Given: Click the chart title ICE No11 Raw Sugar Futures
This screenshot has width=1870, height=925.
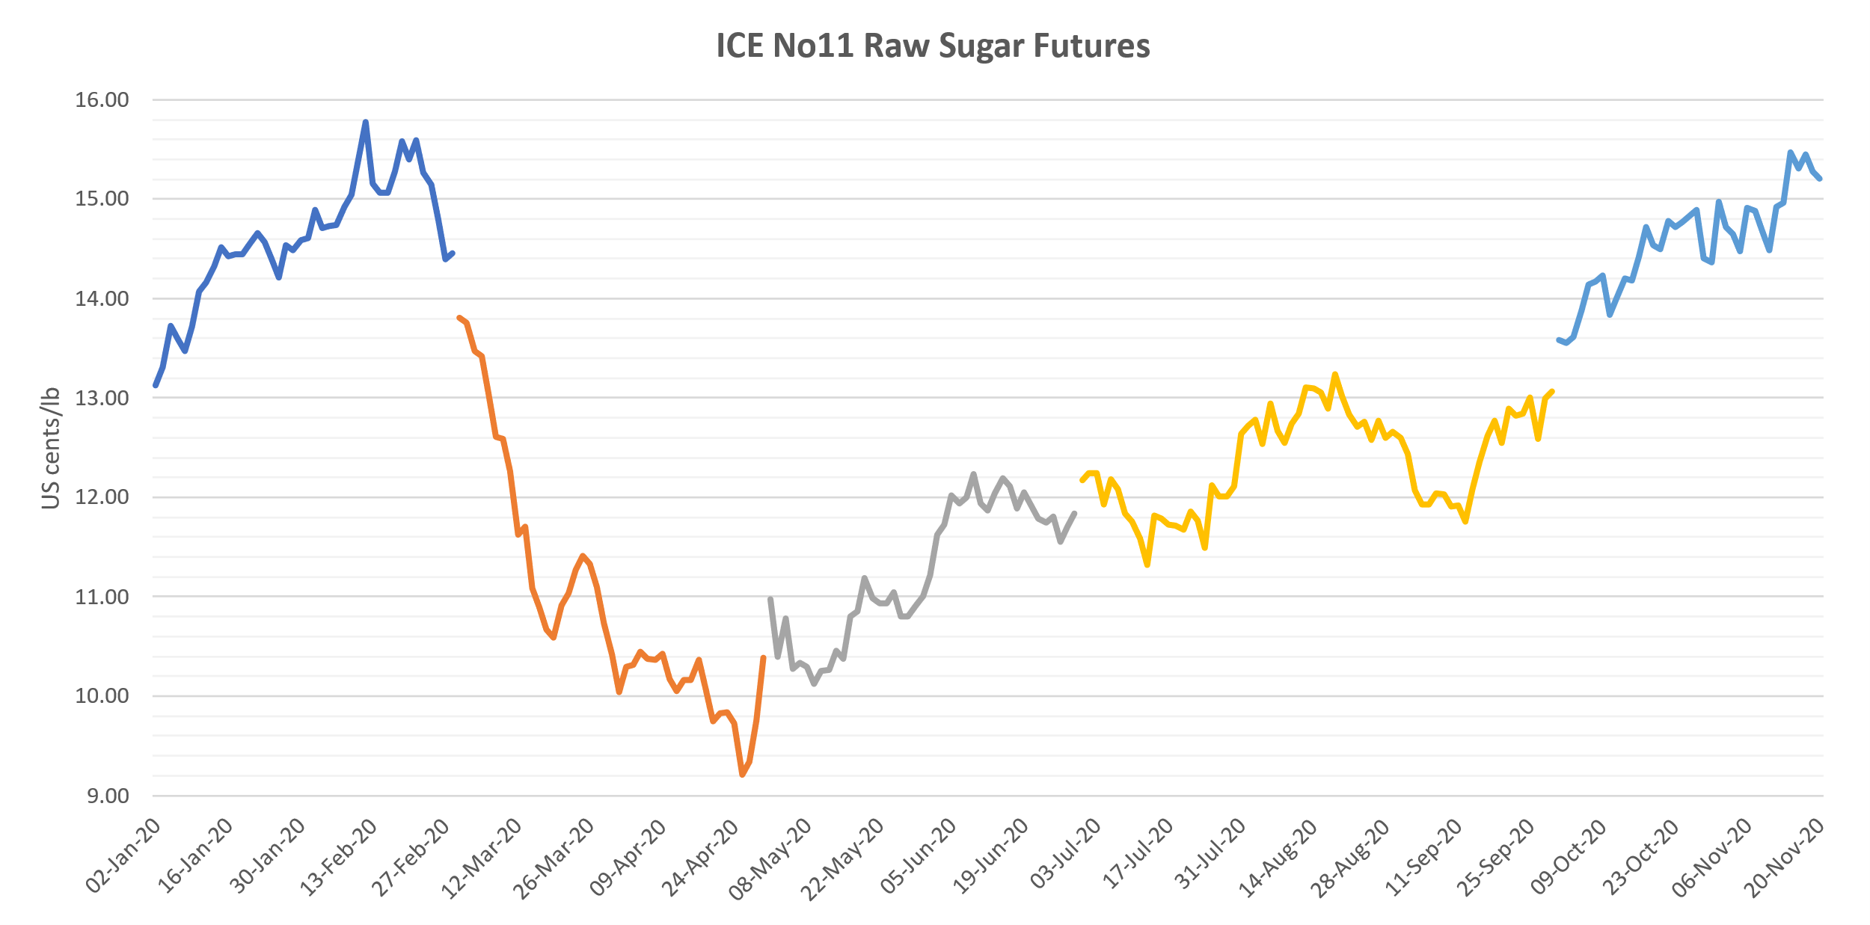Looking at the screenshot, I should point(933,46).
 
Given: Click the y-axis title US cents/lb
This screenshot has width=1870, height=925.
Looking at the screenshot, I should point(50,448).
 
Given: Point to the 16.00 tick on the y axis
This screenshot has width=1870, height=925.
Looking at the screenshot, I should point(102,99).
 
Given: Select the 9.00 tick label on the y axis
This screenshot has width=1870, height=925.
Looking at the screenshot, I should point(108,796).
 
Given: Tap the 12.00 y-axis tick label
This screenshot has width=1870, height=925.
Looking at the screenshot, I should point(102,497).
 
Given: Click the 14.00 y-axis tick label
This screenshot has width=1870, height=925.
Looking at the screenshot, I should point(102,298).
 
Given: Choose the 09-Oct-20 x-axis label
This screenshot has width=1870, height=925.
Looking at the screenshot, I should point(1568,857).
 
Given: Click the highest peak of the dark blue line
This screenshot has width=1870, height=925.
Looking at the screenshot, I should point(365,122).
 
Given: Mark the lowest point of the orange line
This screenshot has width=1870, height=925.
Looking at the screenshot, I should point(742,775).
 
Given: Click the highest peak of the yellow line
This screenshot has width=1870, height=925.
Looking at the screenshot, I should point(1334,374).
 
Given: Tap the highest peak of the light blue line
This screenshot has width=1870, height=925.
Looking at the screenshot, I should point(1790,152).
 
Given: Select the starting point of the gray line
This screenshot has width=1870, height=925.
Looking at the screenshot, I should point(770,599).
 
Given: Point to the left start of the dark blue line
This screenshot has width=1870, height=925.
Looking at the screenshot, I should point(156,385).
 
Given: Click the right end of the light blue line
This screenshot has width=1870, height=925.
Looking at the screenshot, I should point(1820,179).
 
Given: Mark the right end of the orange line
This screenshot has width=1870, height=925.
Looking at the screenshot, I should point(763,658).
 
